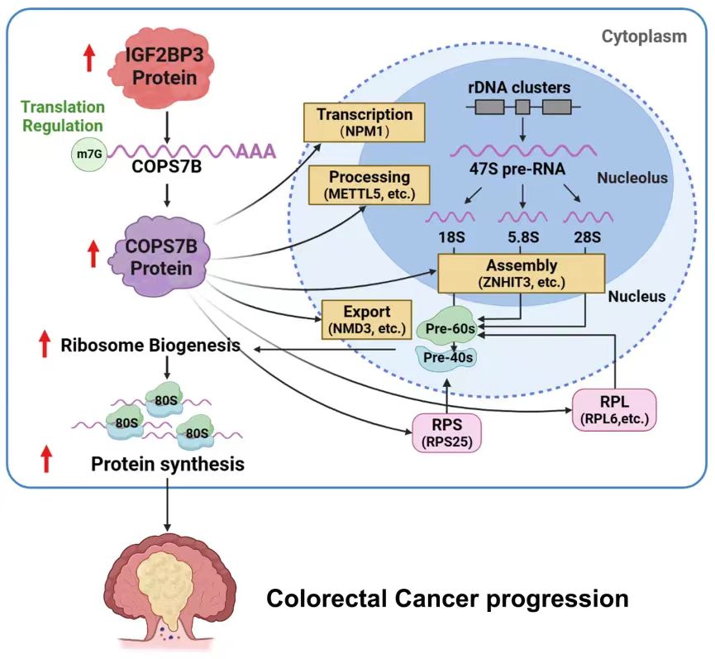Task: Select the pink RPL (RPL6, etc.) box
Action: pyautogui.click(x=613, y=408)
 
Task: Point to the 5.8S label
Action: pyautogui.click(x=522, y=238)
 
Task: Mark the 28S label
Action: pyautogui.click(x=587, y=238)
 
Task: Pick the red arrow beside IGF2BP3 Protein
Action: pyautogui.click(x=89, y=58)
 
